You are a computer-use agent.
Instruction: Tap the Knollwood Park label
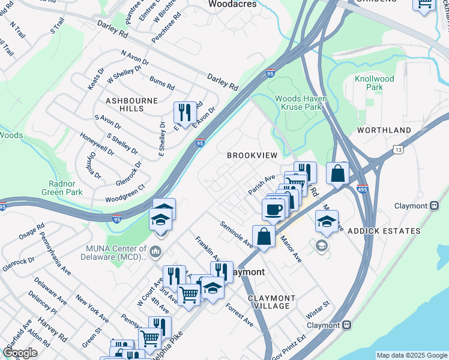[391, 83]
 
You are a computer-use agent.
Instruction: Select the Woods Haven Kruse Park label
[298, 103]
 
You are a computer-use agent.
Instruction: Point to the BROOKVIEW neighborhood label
[252, 155]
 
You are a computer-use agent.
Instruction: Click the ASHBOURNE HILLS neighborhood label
[125, 104]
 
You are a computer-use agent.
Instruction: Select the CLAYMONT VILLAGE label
[271, 302]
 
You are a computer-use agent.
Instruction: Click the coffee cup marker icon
[274, 209]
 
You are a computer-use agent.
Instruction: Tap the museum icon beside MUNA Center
[156, 250]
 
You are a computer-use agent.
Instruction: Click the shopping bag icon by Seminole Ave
[264, 235]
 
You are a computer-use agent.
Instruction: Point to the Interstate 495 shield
[362, 188]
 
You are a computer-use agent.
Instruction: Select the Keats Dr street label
[96, 79]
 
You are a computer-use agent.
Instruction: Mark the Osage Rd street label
[32, 232]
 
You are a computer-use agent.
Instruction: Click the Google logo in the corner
[20, 352]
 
